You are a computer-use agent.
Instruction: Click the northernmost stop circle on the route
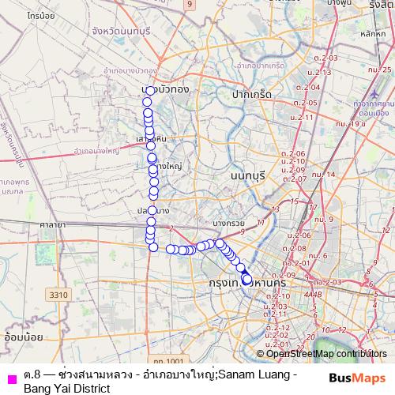pyautogui.click(x=149, y=91)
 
